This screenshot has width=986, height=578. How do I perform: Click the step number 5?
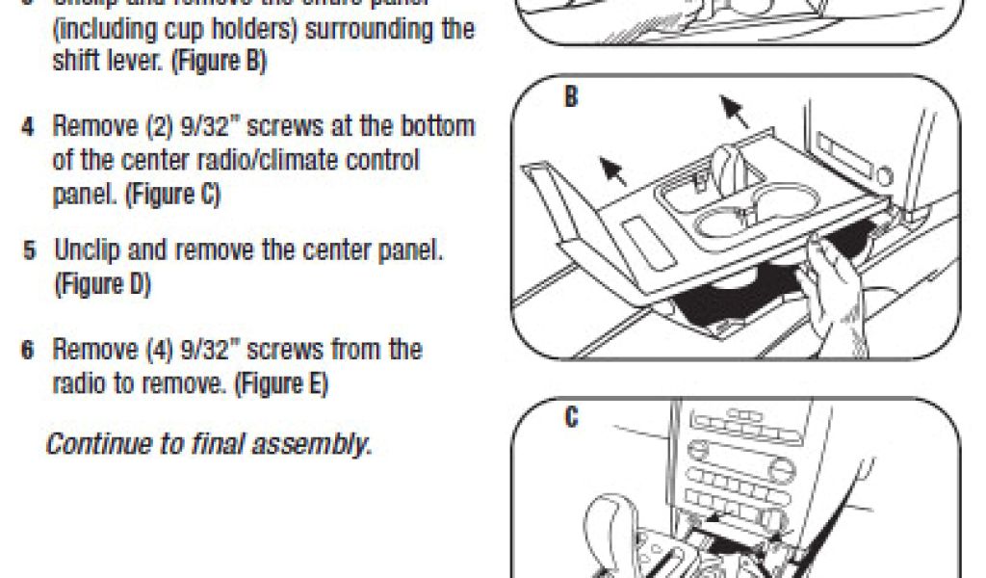point(31,252)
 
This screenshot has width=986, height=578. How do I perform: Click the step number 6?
point(30,348)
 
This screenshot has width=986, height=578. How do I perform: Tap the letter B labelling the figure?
point(571,98)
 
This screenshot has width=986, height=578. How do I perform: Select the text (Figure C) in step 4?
point(172,195)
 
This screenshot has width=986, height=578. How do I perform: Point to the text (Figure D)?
point(102,285)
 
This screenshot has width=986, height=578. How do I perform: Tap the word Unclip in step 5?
point(84,251)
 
